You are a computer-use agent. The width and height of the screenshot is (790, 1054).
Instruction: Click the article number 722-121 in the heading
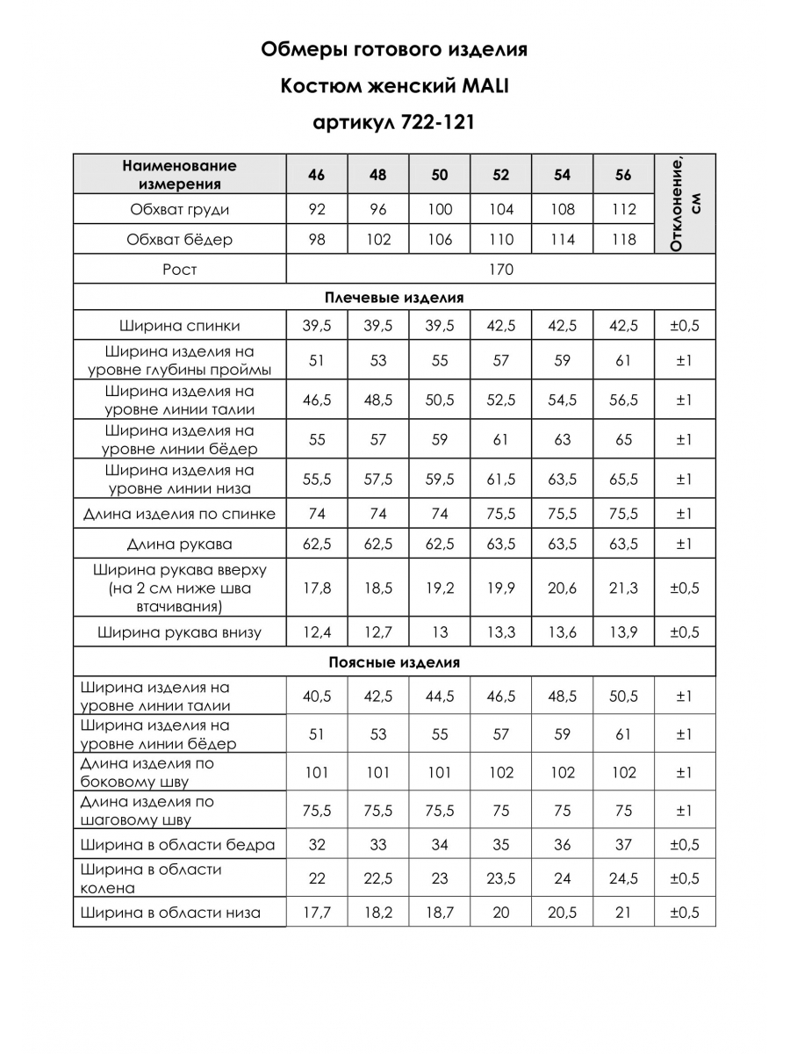(x=436, y=121)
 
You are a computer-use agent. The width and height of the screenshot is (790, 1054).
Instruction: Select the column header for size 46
(x=316, y=175)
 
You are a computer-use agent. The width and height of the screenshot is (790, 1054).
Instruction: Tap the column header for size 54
(x=562, y=175)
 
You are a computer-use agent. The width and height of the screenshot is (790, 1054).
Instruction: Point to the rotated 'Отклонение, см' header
(x=686, y=204)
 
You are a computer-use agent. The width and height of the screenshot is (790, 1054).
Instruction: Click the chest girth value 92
(x=316, y=210)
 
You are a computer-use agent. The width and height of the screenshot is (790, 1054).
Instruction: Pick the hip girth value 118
(x=623, y=240)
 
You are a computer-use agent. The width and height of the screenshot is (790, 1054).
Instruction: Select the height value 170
(x=500, y=270)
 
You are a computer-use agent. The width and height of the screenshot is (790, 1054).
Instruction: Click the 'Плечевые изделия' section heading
(x=394, y=298)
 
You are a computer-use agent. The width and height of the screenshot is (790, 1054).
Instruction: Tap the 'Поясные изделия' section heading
(x=394, y=663)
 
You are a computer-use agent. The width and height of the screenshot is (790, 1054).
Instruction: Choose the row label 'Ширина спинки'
(x=180, y=327)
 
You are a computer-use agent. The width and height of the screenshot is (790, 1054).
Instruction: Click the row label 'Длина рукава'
(x=180, y=544)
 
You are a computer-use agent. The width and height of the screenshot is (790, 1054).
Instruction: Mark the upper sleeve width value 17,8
(x=316, y=588)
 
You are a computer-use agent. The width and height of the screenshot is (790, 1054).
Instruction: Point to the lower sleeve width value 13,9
(x=623, y=632)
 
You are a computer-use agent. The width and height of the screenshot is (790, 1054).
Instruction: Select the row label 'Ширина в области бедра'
(x=177, y=845)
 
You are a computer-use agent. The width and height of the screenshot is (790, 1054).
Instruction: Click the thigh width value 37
(x=623, y=845)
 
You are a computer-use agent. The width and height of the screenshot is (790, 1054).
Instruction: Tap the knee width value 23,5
(x=500, y=878)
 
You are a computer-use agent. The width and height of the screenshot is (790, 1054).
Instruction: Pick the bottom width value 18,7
(x=439, y=913)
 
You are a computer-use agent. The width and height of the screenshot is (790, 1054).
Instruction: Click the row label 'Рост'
(x=180, y=270)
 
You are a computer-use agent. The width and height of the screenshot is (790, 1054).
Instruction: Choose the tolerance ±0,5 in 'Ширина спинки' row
(x=685, y=327)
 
